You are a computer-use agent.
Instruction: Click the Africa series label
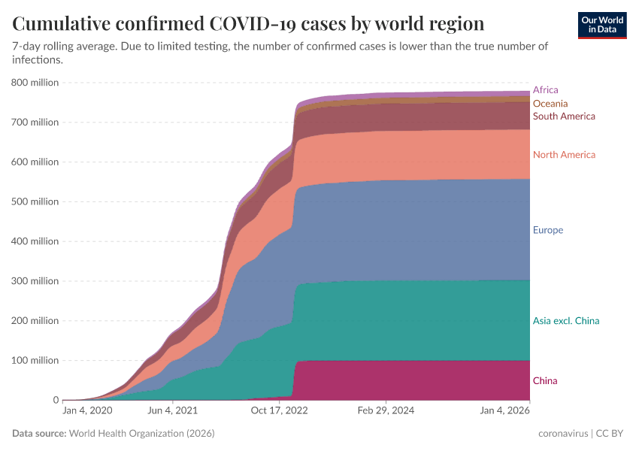tap(545, 89)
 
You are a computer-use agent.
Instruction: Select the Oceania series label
tap(550, 103)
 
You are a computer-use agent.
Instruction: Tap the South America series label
tap(564, 116)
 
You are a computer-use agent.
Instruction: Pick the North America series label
tap(564, 155)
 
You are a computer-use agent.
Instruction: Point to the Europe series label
tap(547, 230)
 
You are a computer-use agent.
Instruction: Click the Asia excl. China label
tap(565, 321)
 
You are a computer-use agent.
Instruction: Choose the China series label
tap(545, 380)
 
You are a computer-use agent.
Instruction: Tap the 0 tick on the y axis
tap(56, 400)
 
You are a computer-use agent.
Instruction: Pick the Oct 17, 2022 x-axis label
tap(279, 411)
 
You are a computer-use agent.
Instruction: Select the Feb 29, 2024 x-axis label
tap(385, 411)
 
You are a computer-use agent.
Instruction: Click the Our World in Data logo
tap(602, 24)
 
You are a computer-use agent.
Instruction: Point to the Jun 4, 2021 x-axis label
tap(172, 411)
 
